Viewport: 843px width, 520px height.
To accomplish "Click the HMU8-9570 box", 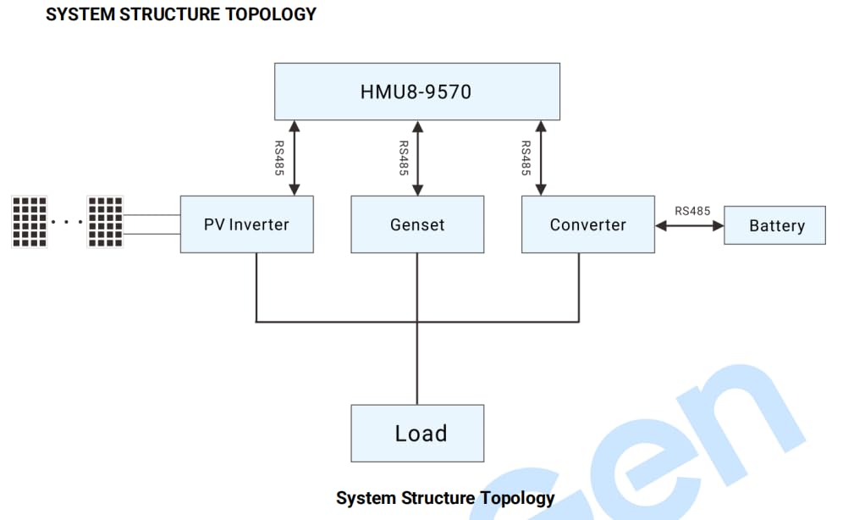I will coord(416,91).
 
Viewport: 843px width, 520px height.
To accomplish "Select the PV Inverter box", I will coord(246,224).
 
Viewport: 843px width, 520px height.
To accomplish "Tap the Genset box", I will coord(417,224).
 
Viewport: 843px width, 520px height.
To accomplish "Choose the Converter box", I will coord(587,224).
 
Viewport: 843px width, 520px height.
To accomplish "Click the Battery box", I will coord(774,225).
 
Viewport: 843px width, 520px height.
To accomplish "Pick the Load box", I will coord(417,433).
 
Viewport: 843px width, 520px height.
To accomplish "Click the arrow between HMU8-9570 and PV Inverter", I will coord(294,158).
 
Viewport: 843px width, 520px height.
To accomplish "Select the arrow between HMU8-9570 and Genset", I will coord(416,158).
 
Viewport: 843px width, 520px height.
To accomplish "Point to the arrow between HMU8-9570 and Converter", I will coord(541,158).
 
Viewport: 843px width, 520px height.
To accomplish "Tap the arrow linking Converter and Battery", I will coord(689,226).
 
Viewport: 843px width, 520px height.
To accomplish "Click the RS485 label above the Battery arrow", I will coord(692,211).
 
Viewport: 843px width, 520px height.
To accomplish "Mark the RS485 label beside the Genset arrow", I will coord(403,158).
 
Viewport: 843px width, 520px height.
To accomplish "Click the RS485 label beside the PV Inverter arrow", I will coord(279,158).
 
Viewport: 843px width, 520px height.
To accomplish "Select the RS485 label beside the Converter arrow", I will coord(526,158).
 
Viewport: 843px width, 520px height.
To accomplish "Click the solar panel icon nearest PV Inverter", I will coord(105,222).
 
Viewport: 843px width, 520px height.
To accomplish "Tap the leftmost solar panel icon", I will coord(29,222).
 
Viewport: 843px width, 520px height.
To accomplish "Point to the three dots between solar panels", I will coord(66,223).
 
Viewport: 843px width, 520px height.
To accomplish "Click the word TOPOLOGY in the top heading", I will coord(267,14).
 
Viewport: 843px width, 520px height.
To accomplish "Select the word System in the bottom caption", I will coord(366,498).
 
